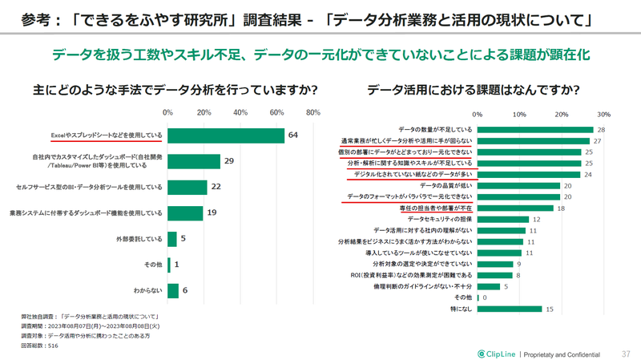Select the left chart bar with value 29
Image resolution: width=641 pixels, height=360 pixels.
194,161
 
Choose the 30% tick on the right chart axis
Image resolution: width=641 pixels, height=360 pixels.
603,114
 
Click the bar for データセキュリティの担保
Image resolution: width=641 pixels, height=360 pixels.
503,219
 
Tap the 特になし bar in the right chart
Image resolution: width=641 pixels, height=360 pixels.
510,309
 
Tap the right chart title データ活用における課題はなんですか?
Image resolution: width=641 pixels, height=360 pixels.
474,89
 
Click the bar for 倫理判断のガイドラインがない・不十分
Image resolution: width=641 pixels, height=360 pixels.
489,286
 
